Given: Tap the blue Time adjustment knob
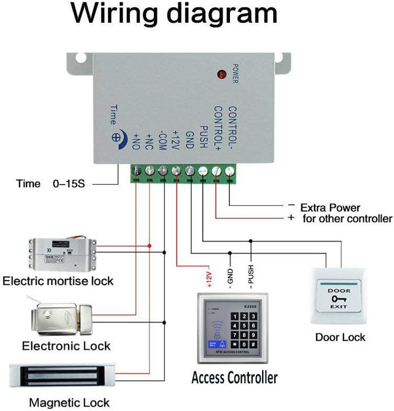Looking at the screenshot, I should pyautogui.click(x=116, y=137).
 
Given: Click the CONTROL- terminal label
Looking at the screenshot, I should pyautogui.click(x=231, y=128).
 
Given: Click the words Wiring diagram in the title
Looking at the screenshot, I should pyautogui.click(x=175, y=14).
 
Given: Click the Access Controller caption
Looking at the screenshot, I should pyautogui.click(x=234, y=377).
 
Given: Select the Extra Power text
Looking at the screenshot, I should pyautogui.click(x=330, y=208).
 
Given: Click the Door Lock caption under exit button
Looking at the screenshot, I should pyautogui.click(x=340, y=337).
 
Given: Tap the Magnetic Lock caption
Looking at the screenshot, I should pyautogui.click(x=69, y=402).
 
